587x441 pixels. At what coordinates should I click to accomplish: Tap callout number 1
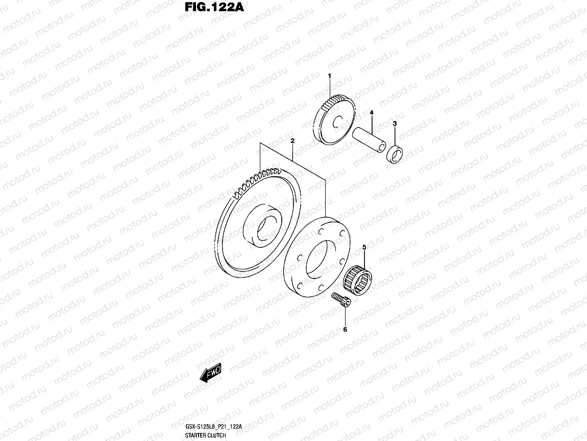(x=329, y=76)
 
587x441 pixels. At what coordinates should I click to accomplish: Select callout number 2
(x=292, y=141)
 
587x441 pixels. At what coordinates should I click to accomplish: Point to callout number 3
(x=395, y=124)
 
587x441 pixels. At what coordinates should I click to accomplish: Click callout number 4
(x=372, y=112)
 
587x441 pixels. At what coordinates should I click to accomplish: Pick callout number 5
(x=364, y=247)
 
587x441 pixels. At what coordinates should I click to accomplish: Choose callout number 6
(x=345, y=330)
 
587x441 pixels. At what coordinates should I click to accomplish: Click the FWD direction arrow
(x=210, y=374)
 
